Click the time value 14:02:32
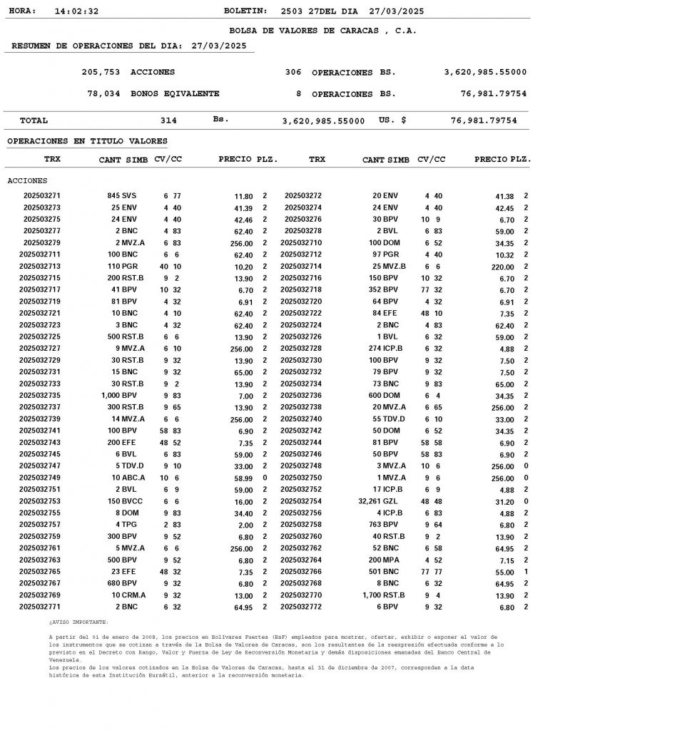pyautogui.click(x=76, y=11)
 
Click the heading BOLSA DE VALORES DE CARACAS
pyautogui.click(x=323, y=31)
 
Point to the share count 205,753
pyautogui.click(x=101, y=72)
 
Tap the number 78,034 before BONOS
pyautogui.click(x=103, y=93)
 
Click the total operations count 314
pyautogui.click(x=168, y=120)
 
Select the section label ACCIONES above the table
pyautogui.click(x=27, y=180)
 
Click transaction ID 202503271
pyautogui.click(x=42, y=195)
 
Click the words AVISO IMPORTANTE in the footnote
pyautogui.click(x=79, y=622)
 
